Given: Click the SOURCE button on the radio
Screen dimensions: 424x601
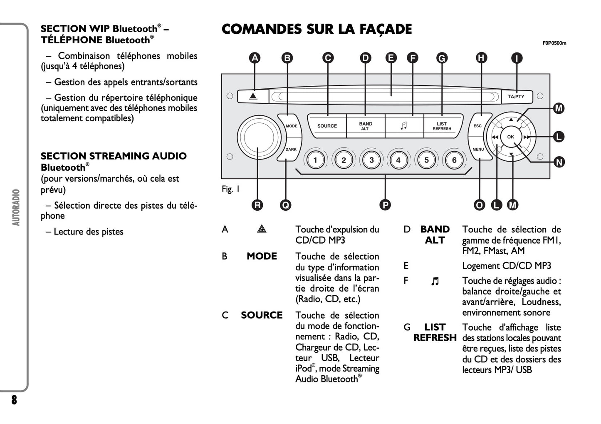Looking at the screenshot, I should (327, 126).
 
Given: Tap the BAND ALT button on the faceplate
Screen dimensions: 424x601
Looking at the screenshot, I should (366, 126).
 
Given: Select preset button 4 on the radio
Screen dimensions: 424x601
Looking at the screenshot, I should (398, 160).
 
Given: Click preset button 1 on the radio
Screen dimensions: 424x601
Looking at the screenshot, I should (315, 160).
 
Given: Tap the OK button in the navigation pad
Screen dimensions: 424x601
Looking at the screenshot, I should (510, 137).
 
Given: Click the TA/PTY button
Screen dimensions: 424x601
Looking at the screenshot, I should (516, 97).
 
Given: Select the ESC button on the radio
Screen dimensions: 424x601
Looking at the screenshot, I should (477, 125).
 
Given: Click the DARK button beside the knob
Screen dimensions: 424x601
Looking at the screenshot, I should (291, 150).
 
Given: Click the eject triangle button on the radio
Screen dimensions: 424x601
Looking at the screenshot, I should (253, 97).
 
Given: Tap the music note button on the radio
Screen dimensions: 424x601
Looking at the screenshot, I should (403, 126).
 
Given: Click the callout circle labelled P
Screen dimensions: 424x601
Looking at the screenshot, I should (385, 205).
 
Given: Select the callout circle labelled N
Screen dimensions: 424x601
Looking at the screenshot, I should (559, 162).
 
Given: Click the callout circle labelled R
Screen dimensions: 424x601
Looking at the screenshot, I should (257, 205).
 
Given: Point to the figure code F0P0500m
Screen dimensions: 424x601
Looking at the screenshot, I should (554, 43).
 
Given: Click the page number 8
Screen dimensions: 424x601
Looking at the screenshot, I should (14, 400).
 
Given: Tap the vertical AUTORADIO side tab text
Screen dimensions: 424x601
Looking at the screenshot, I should (16, 207).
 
